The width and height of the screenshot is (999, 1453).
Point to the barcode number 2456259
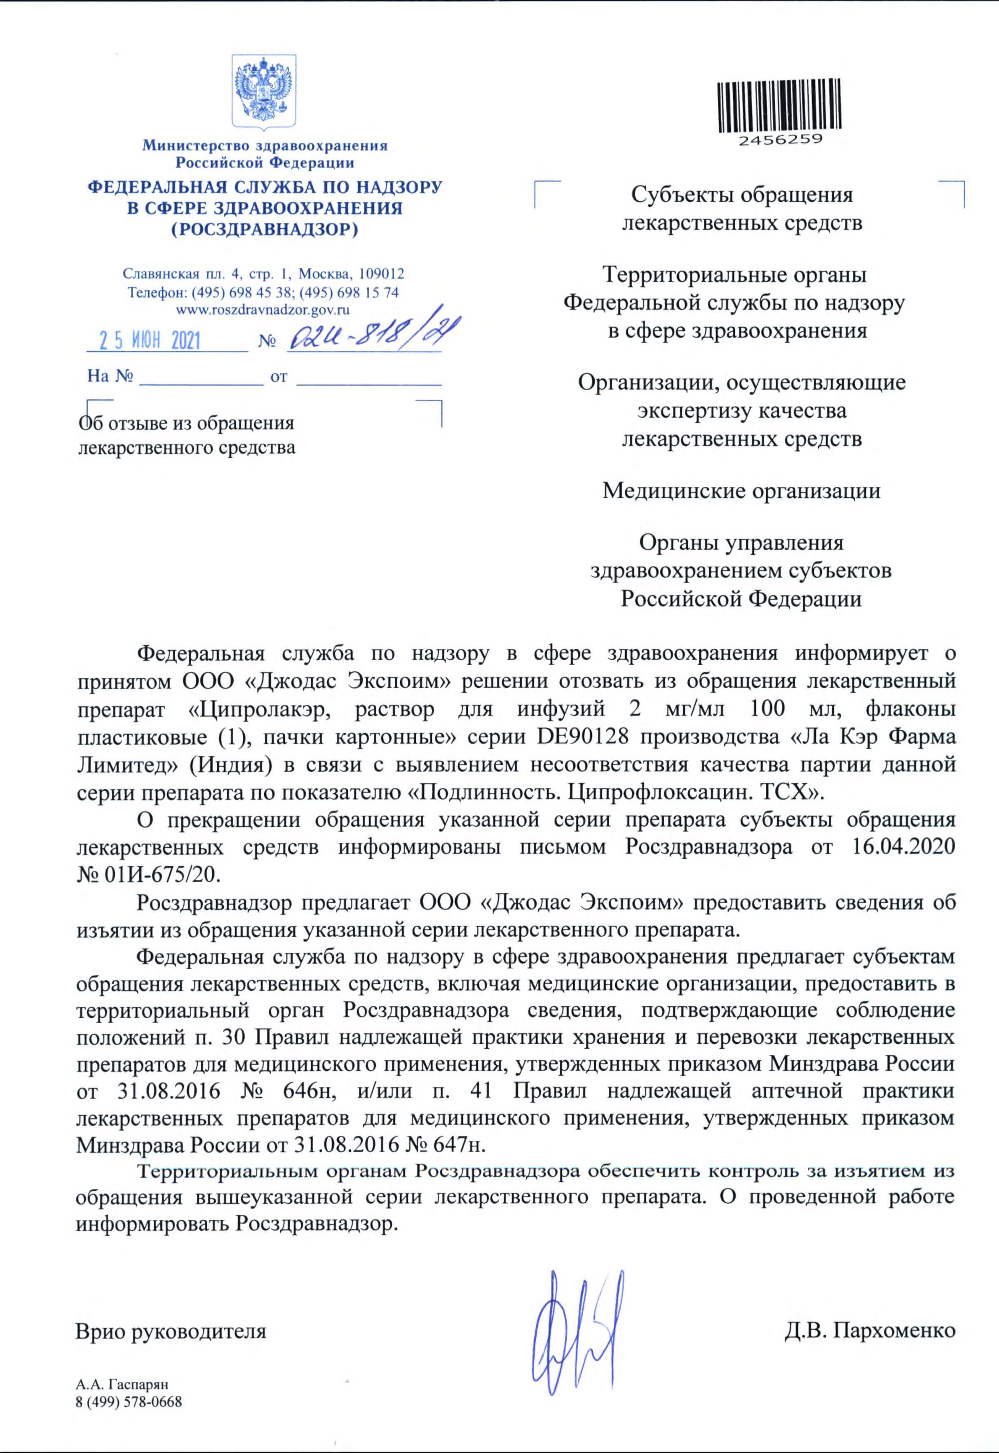pos(780,140)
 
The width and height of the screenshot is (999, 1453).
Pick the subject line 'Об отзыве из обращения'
pos(186,424)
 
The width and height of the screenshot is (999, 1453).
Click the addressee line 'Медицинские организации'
pos(741,491)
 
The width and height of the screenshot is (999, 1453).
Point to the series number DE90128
pos(582,736)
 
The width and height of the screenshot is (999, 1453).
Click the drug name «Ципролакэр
pos(262,709)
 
